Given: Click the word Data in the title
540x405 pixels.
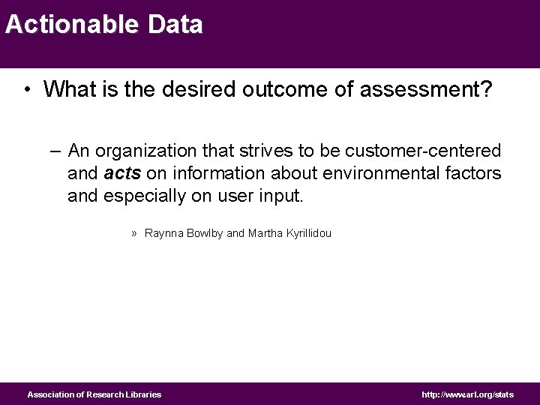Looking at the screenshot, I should pyautogui.click(x=175, y=25).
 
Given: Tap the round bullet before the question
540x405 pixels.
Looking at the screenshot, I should pyautogui.click(x=26, y=91).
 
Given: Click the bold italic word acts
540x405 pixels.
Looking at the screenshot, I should pyautogui.click(x=120, y=174).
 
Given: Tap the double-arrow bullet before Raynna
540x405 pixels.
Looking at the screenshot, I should pyautogui.click(x=133, y=233).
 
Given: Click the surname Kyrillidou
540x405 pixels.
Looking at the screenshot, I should pyautogui.click(x=304, y=233).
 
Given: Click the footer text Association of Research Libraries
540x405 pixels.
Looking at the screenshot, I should pyautogui.click(x=94, y=394).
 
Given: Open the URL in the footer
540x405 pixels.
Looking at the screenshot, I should pyautogui.click(x=468, y=394).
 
